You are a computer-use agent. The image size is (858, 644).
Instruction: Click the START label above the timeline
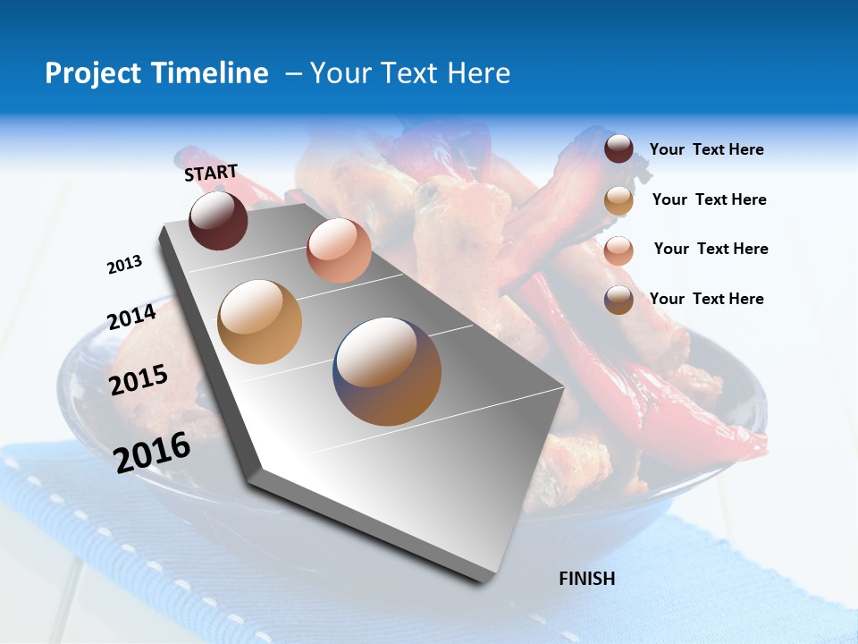coord(211,173)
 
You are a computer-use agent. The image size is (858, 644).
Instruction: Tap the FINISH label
coord(586,579)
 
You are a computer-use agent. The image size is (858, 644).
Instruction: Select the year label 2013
coord(124,265)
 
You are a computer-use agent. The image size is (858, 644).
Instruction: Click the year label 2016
coord(152,452)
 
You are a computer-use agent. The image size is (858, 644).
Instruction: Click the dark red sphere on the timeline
coord(218,220)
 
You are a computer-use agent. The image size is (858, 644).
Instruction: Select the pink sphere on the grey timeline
coord(339,250)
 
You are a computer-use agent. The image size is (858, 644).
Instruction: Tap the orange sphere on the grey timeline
coord(260,322)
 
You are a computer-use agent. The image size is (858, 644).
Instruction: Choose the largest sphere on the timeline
coord(388,371)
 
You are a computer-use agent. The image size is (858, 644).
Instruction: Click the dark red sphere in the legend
coord(618,148)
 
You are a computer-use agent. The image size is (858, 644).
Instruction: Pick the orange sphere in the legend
coord(618,200)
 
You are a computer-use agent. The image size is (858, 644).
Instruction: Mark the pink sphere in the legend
coord(618,250)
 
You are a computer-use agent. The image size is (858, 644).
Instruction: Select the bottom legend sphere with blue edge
coord(618,300)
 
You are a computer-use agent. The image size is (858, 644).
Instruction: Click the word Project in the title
coord(92,73)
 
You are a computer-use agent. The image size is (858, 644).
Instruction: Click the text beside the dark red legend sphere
coord(706,149)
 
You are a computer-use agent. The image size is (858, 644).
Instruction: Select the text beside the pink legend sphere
coord(711,249)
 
